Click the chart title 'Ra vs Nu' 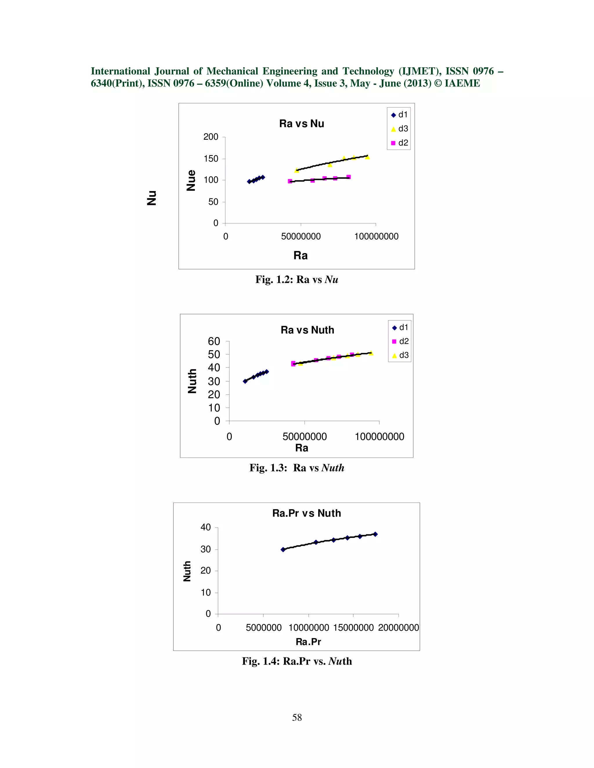pyautogui.click(x=302, y=124)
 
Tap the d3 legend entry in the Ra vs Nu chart pyautogui.click(x=399, y=129)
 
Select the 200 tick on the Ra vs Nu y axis pyautogui.click(x=211, y=137)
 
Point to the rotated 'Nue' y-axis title pyautogui.click(x=191, y=180)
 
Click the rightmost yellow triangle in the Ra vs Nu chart pyautogui.click(x=367, y=157)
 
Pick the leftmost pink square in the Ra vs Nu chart pyautogui.click(x=290, y=181)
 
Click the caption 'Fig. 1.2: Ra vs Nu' pyautogui.click(x=297, y=280)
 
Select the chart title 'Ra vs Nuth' pyautogui.click(x=307, y=330)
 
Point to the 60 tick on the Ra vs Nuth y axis pyautogui.click(x=214, y=341)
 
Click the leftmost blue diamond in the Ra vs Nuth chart pyautogui.click(x=245, y=381)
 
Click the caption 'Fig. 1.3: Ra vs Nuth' pyautogui.click(x=297, y=468)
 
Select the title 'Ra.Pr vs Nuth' pyautogui.click(x=307, y=514)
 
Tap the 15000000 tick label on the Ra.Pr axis pyautogui.click(x=353, y=628)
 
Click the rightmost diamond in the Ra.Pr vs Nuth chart pyautogui.click(x=375, y=534)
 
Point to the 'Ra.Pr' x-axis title pyautogui.click(x=308, y=642)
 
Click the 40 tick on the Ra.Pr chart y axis pyautogui.click(x=206, y=527)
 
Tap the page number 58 pyautogui.click(x=297, y=718)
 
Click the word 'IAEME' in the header pyautogui.click(x=462, y=83)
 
